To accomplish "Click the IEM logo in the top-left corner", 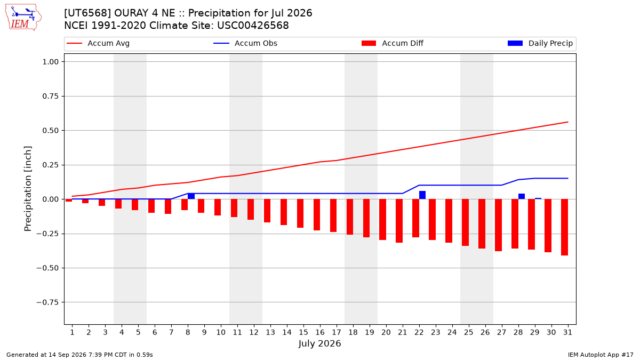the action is [x=23, y=18].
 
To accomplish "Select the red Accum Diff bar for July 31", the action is [x=564, y=227].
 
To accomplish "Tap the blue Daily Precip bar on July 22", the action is [x=422, y=195].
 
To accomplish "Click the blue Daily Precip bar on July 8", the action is [x=191, y=196].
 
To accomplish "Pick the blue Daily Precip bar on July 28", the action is [x=522, y=197].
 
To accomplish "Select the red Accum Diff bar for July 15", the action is [x=300, y=213].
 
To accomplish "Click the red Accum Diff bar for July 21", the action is [x=399, y=221].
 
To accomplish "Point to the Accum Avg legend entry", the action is [x=98, y=43].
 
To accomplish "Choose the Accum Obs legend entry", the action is [x=245, y=43].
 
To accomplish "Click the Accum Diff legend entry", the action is [x=393, y=43].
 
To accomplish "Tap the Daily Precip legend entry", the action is [x=540, y=43].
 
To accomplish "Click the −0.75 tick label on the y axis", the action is [x=47, y=302].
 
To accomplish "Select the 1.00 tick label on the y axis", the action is [x=51, y=62].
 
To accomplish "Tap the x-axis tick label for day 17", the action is [x=337, y=332].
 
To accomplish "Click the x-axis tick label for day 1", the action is [x=72, y=332].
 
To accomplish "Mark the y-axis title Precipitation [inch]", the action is [x=28, y=189].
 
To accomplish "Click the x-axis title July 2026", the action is [x=319, y=343].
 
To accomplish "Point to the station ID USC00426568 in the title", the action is [x=253, y=26].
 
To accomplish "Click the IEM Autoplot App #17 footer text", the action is [x=601, y=355].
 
